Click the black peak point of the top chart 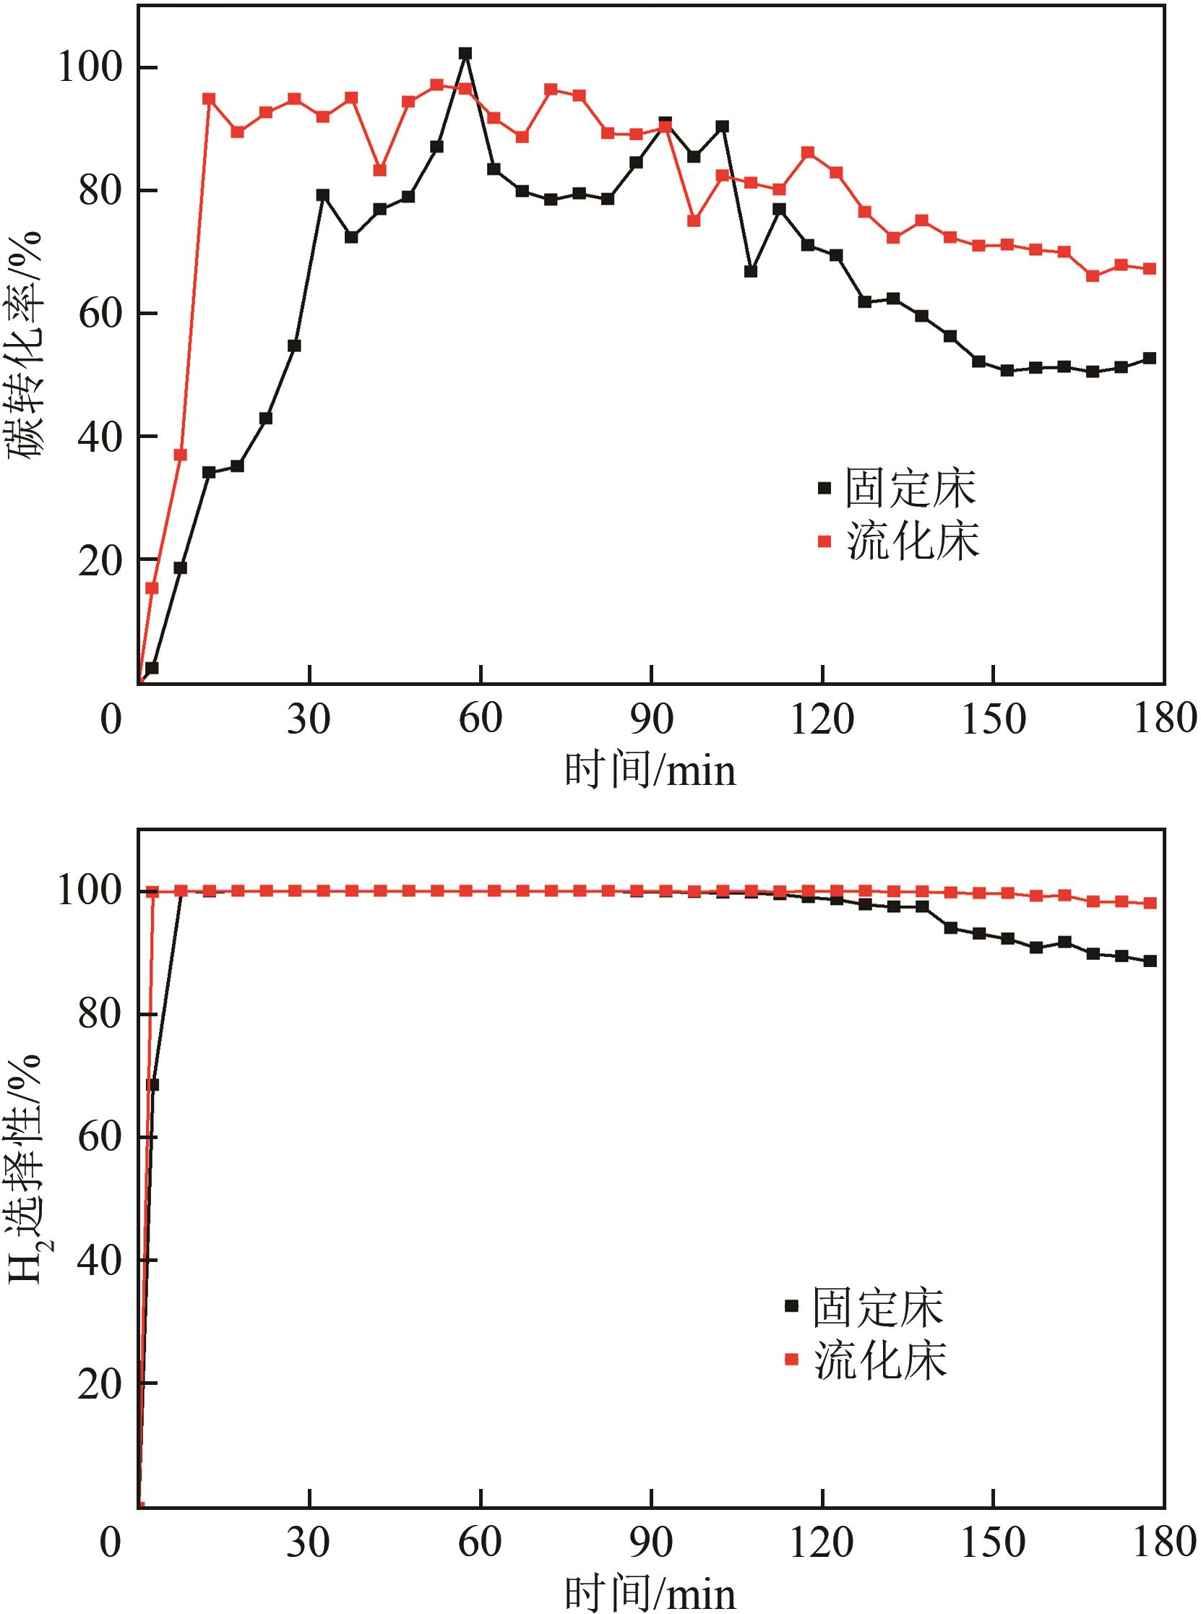(465, 53)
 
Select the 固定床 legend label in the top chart (911, 488)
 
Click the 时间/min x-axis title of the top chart (650, 770)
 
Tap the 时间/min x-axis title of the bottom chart (650, 1592)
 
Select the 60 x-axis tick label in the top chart (481, 719)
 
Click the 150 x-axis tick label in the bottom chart (993, 1539)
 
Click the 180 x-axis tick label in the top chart (1164, 719)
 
